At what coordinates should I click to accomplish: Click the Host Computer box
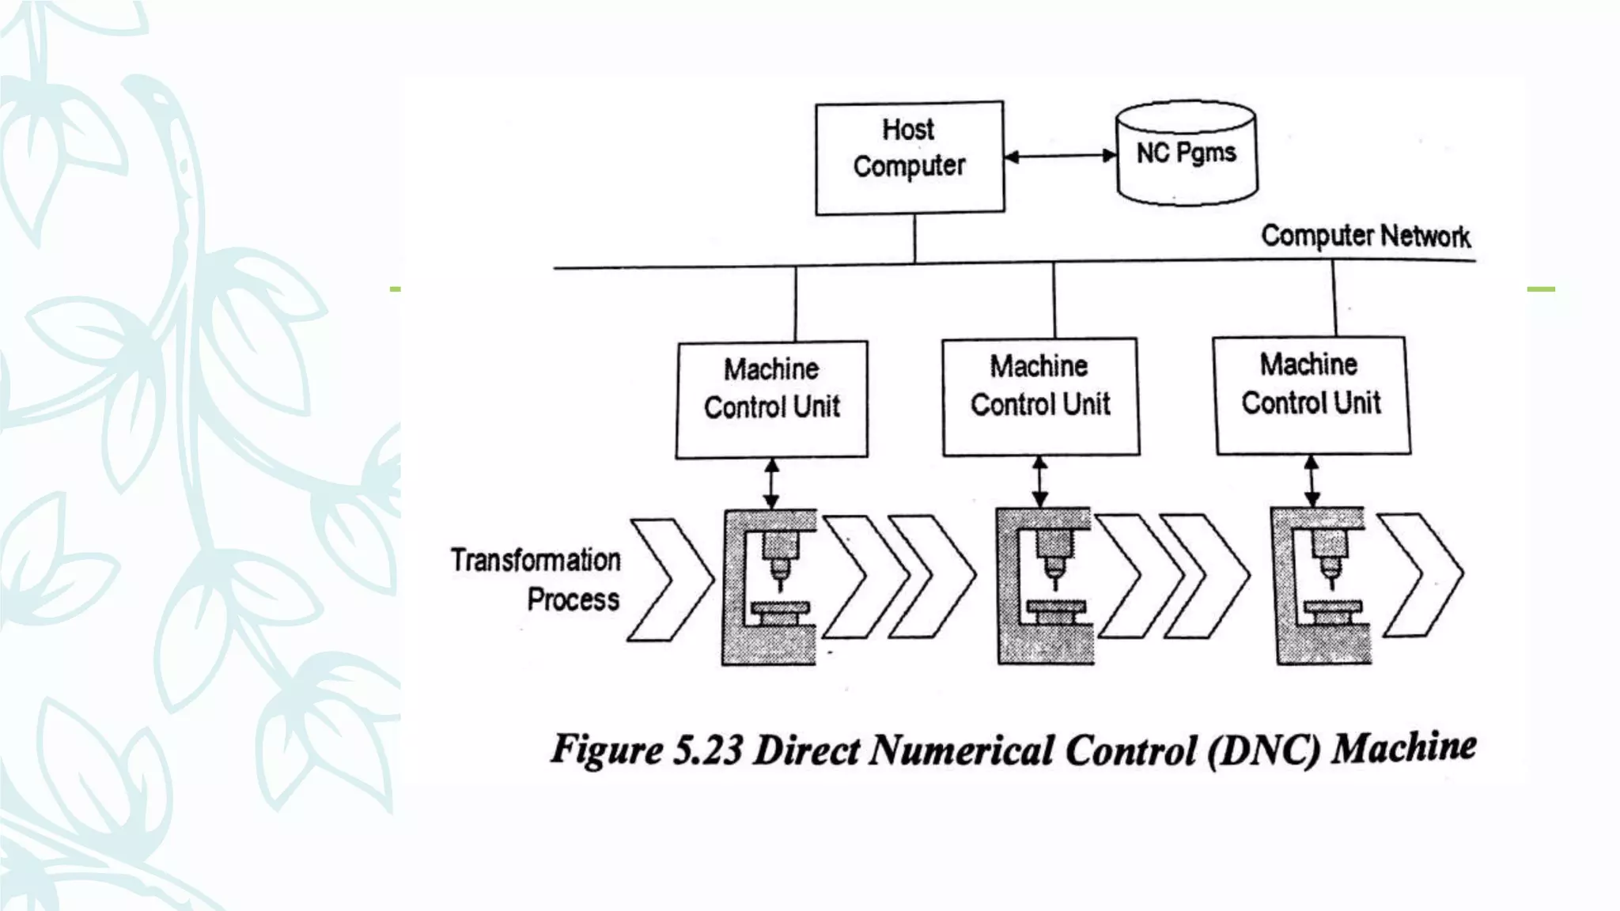[x=910, y=157]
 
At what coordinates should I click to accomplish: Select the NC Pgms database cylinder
[x=1186, y=153]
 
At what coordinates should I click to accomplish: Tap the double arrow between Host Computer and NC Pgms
[x=1060, y=156]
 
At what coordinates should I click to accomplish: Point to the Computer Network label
[x=1365, y=236]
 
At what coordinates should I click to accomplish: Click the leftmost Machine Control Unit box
[x=771, y=399]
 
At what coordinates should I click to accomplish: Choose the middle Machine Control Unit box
[x=1040, y=397]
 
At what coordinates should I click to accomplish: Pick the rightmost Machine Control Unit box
[x=1312, y=395]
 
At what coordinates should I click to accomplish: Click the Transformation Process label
[x=536, y=580]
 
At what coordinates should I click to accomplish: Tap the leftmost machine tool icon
[x=769, y=586]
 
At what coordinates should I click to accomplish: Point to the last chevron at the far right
[x=1421, y=575]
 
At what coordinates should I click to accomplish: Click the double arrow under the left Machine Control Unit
[x=771, y=483]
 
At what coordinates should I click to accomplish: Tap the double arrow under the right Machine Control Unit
[x=1312, y=481]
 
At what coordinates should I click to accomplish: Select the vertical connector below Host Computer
[x=914, y=238]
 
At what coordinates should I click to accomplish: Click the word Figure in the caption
[x=607, y=749]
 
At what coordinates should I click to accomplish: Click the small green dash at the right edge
[x=1540, y=289]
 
